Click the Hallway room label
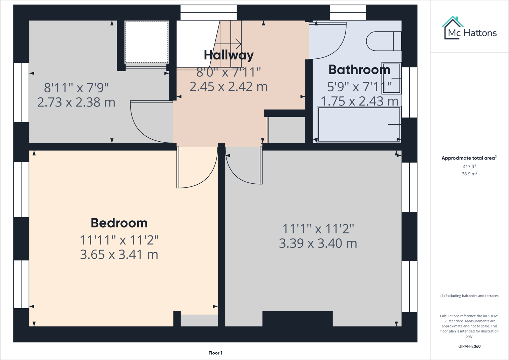click(x=228, y=55)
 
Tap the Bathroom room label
click(x=359, y=70)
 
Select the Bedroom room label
click(x=119, y=223)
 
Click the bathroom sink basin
click(x=391, y=78)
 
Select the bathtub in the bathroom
click(x=359, y=124)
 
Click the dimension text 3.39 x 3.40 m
click(x=318, y=243)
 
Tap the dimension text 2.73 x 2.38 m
click(x=76, y=102)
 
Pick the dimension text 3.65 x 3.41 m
click(x=119, y=255)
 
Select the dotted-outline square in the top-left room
click(x=147, y=42)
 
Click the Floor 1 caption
click(x=215, y=353)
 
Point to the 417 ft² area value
click(x=469, y=166)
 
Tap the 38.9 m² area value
click(x=469, y=174)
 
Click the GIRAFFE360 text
click(x=469, y=346)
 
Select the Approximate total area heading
click(x=469, y=158)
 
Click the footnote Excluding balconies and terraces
click(x=469, y=296)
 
